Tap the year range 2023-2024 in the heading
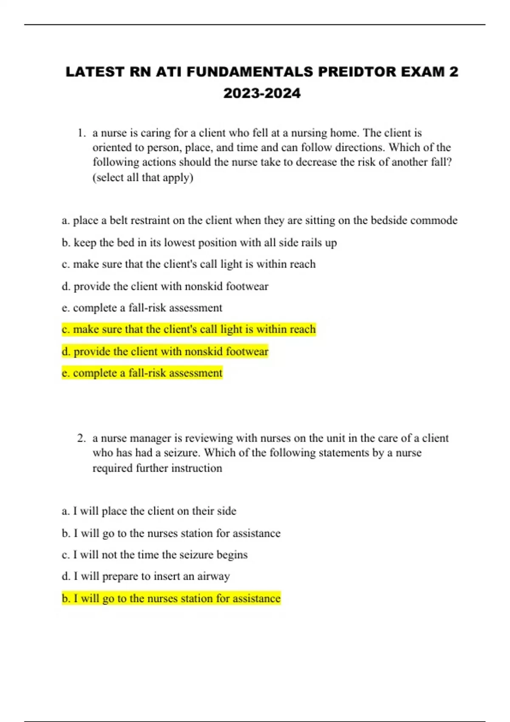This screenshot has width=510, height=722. point(262,93)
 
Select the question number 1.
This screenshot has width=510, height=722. point(82,133)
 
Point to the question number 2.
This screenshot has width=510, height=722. point(82,438)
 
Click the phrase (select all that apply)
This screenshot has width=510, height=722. point(143,178)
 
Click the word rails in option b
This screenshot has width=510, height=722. point(311,243)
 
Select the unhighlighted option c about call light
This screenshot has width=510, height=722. point(189,264)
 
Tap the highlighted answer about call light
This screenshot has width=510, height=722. point(189,330)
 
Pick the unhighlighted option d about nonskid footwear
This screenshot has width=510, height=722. point(165,286)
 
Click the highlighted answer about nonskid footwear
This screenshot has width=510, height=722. point(165,352)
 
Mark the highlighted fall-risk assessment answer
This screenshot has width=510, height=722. point(142,373)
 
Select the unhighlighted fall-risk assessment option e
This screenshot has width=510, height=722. point(142,308)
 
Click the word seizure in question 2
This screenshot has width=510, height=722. point(182,453)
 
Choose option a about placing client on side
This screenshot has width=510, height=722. point(149,511)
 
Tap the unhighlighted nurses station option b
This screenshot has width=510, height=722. point(171,533)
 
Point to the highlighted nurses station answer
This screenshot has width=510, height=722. point(171,598)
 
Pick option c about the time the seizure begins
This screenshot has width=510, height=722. point(155,555)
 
